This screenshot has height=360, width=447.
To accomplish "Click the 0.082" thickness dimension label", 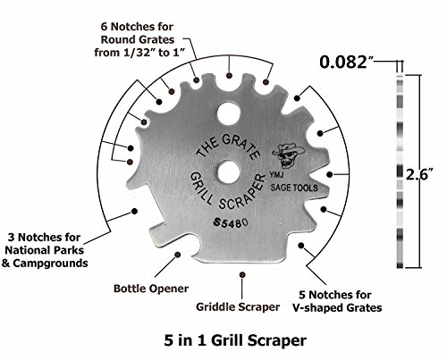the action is [x=347, y=63].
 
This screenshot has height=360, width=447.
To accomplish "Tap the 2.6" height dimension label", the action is [x=419, y=174].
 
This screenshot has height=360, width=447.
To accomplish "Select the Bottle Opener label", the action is [x=151, y=289].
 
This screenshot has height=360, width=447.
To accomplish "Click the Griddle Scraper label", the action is [x=238, y=307].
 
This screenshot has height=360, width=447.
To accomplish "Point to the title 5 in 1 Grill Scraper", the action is [x=235, y=340].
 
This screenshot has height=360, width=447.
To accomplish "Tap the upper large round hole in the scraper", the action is [x=229, y=113].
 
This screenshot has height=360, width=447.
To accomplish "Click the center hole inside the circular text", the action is [x=229, y=172].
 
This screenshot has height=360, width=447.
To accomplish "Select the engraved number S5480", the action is [x=231, y=222].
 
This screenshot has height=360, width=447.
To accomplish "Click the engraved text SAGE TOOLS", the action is [x=294, y=188].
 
